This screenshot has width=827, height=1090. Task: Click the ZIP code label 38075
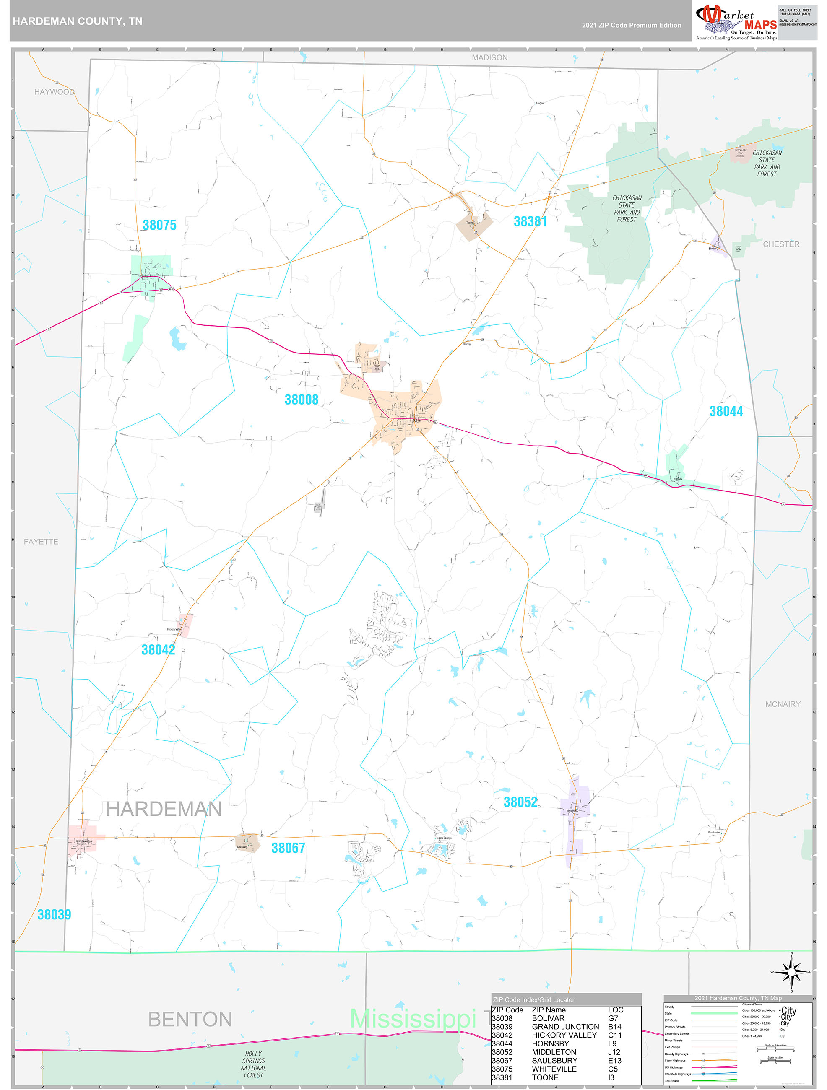(159, 225)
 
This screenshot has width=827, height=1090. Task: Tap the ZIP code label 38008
(301, 400)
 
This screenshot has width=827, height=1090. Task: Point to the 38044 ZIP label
(726, 411)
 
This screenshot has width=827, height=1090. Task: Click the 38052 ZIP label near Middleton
(520, 802)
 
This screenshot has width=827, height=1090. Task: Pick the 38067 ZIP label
(288, 848)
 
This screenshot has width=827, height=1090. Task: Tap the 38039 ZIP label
(54, 915)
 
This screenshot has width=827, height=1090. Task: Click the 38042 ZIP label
(158, 650)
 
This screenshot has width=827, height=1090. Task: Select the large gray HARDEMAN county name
(164, 810)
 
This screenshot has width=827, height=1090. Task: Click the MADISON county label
(489, 58)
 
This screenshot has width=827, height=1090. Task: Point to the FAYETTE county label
(41, 542)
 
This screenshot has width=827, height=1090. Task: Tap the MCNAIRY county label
(783, 704)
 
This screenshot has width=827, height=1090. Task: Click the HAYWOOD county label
(54, 92)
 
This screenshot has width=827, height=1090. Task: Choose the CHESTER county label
(781, 244)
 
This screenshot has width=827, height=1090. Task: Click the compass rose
(791, 972)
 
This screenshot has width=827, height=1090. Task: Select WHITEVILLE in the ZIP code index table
(554, 1069)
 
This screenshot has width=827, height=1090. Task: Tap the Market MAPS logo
(736, 22)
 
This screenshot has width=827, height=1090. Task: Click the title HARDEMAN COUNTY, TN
(78, 21)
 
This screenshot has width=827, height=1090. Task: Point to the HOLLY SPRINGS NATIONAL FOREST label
(254, 1064)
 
